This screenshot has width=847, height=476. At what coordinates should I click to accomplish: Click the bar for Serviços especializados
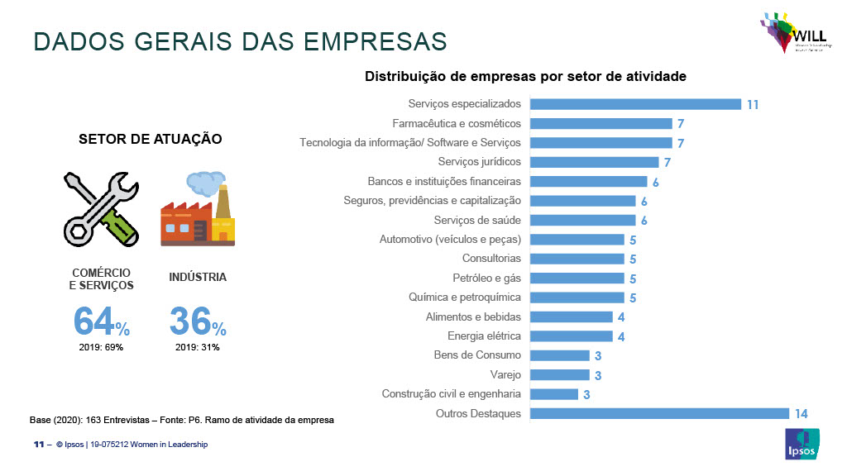coord(634,104)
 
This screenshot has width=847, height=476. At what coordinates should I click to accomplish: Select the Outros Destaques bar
coord(658,413)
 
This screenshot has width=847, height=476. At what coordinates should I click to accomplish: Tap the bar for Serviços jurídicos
coord(594,162)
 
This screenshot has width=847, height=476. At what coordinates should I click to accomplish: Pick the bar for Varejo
coord(559,375)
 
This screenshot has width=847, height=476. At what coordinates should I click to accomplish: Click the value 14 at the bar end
coord(800,414)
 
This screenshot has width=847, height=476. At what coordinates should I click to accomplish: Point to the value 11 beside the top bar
coord(752,105)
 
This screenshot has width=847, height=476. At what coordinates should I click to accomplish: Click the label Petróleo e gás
coord(486,278)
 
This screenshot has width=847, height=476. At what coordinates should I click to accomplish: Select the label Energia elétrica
coord(484,336)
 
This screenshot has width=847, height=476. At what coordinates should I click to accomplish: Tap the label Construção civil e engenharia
coord(451,394)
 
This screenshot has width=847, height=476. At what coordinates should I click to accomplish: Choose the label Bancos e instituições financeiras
coord(444,182)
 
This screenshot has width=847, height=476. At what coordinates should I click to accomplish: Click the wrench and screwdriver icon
coord(99,208)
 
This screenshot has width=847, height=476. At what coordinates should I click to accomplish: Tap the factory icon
coord(197,209)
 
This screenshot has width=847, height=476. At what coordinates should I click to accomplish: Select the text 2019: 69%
coord(102,347)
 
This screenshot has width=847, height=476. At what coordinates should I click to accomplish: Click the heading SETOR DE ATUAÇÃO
coord(150,139)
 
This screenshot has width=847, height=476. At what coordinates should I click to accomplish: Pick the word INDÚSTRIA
coord(198,278)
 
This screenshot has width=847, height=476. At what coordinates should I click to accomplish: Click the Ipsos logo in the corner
coord(802,444)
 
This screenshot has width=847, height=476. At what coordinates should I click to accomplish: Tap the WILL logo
coord(789,33)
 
